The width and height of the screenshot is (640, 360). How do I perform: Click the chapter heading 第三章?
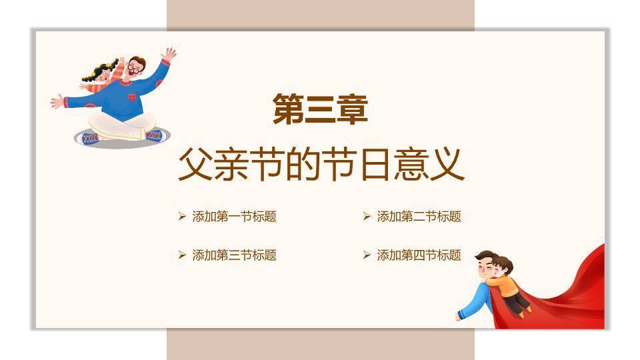tap(321, 109)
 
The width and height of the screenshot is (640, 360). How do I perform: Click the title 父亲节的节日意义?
tap(321, 164)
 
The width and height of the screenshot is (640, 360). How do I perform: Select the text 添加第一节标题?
tap(234, 216)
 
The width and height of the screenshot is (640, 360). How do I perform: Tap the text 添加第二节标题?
tap(419, 216)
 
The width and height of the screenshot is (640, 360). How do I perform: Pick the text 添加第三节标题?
tap(234, 255)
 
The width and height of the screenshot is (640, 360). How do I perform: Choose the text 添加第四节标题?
tap(419, 255)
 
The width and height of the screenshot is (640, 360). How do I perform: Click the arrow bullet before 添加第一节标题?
tap(182, 216)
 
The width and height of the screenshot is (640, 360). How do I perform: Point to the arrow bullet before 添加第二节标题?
tap(367, 216)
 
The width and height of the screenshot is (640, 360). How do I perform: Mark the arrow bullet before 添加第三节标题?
tap(182, 255)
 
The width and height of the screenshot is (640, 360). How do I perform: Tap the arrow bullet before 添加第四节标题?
tap(367, 255)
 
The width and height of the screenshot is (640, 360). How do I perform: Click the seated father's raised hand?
tap(169, 54)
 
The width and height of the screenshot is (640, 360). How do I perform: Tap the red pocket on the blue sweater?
tap(132, 97)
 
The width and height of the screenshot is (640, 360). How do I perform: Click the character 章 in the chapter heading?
tap(353, 109)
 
